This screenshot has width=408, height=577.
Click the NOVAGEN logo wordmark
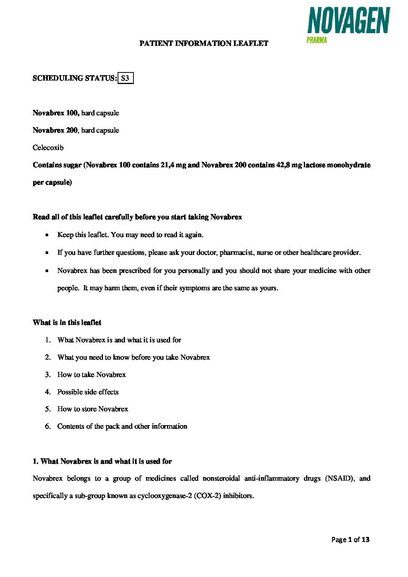[349, 21]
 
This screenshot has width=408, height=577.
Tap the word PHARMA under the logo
[317, 40]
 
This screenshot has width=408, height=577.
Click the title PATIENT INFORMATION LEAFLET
[204, 44]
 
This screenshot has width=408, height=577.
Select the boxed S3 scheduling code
[125, 78]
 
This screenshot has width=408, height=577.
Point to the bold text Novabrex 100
[56, 113]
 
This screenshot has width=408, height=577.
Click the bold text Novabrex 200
[55, 130]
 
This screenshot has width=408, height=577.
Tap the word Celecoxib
[48, 148]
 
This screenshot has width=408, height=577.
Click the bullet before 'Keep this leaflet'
[47, 235]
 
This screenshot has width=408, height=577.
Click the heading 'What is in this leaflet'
[67, 323]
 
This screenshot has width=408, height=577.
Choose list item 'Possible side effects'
[88, 392]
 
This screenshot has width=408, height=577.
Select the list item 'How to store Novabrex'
[93, 409]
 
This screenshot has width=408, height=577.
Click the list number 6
[48, 426]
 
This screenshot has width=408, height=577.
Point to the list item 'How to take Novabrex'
[91, 375]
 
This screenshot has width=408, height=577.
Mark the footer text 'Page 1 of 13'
[350, 540]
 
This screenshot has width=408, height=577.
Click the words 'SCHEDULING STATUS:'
[75, 78]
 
